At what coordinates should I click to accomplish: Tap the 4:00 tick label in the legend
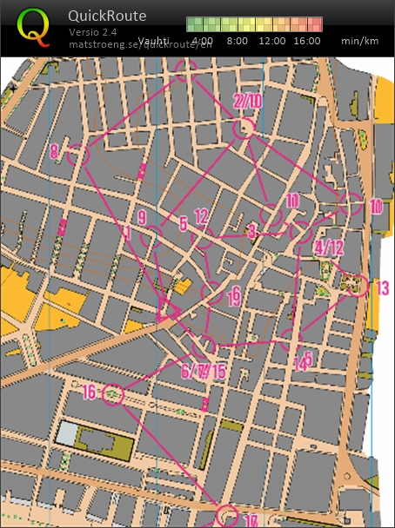coord(202,41)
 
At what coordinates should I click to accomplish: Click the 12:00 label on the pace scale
coord(272,41)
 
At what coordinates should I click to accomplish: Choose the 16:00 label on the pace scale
coord(307,41)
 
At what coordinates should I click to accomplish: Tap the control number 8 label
coord(54,152)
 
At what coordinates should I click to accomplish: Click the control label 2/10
coord(247,102)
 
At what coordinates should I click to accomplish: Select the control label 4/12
coord(329,248)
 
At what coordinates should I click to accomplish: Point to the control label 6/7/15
coord(203,372)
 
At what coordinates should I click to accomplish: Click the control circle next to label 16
coord(113,395)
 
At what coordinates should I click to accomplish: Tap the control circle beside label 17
coord(226,515)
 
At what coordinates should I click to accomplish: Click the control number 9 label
coord(141,217)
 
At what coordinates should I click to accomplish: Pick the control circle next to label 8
coord(78,155)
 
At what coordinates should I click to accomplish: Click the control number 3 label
coord(251,231)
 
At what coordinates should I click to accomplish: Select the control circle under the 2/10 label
coord(244,129)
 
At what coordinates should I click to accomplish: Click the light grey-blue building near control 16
coord(68,432)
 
